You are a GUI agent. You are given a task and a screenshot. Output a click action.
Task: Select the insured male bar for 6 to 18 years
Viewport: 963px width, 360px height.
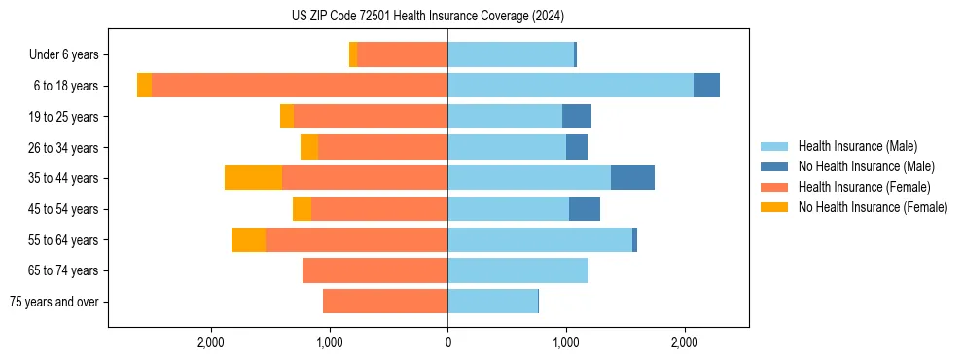570,86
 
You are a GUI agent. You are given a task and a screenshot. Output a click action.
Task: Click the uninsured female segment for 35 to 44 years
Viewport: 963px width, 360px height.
253,178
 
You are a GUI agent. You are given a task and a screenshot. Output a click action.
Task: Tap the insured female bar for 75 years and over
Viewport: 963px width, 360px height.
385,302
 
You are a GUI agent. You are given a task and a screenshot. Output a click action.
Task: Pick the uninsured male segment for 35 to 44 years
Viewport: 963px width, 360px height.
632,178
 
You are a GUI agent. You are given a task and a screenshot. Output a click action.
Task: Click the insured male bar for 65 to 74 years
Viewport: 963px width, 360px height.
517,270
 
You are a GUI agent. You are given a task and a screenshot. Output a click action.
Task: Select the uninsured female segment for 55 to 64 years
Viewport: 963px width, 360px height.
248,239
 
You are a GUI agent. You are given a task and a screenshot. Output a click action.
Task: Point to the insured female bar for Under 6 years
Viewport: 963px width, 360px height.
402,54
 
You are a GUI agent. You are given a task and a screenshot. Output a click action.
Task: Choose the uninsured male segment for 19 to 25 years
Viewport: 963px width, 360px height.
577,117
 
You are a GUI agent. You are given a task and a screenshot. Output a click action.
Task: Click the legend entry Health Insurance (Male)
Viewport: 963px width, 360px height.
857,146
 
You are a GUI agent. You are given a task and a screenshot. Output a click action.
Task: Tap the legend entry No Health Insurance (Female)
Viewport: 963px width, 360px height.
873,207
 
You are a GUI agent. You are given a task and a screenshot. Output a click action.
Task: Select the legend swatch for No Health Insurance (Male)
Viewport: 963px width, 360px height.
774,166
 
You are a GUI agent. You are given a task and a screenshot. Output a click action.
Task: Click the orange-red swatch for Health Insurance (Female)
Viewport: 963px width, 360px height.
774,187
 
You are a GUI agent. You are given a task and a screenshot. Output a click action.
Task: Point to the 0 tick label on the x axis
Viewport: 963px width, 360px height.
447,342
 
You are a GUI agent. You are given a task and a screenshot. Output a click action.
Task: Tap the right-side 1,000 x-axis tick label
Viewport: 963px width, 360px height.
566,342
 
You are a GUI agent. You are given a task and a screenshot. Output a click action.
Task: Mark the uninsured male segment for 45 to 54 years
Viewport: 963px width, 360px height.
585,209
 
